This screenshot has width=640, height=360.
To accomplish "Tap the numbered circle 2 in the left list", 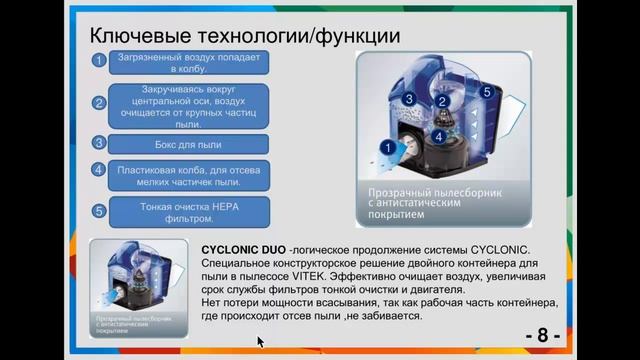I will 99,103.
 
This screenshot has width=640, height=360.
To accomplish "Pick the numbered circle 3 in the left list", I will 99,142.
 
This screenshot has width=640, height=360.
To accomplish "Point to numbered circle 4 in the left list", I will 99,170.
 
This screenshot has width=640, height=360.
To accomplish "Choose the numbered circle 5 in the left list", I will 99,211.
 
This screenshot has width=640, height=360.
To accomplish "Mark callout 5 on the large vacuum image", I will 486,92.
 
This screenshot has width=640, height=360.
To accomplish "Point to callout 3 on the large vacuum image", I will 410,100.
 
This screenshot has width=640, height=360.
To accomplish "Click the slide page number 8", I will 542,334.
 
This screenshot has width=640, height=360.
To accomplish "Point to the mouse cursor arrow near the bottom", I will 260,341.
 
